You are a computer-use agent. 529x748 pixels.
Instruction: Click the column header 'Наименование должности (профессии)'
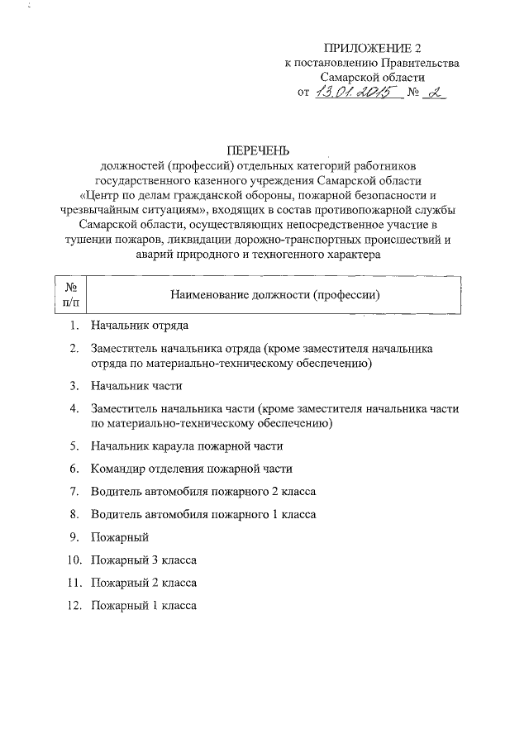point(274,294)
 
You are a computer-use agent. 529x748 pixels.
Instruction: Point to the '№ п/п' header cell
point(69,294)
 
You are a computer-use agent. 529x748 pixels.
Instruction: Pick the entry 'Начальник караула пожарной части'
point(187,445)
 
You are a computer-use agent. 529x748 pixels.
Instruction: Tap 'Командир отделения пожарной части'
point(192,469)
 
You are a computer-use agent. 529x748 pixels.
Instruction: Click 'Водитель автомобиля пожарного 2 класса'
point(203,492)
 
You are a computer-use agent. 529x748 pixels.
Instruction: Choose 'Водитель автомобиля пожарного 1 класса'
point(203,514)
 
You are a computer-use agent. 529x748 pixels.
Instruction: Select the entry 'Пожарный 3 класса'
point(143,560)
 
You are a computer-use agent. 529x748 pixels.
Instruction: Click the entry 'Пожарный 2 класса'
point(143,583)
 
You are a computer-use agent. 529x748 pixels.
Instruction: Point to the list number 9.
point(74,537)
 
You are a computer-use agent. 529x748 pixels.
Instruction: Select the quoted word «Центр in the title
point(102,196)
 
